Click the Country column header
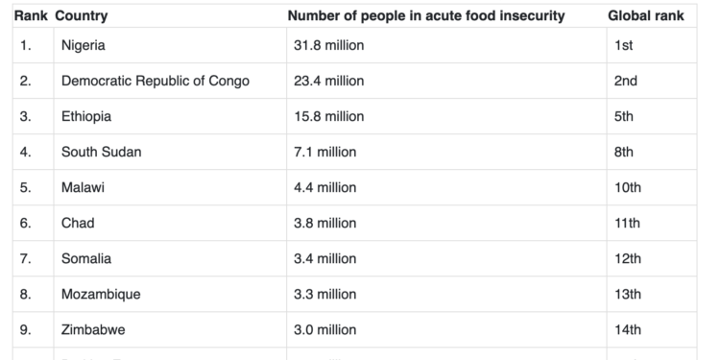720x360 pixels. click(82, 16)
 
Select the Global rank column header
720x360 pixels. click(645, 16)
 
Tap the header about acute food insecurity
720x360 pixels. click(426, 16)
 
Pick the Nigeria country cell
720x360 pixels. click(83, 45)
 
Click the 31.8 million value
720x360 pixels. click(329, 45)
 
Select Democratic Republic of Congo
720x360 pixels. click(155, 81)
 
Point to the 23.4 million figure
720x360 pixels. click(329, 81)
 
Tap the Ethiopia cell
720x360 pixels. click(86, 116)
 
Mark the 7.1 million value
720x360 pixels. click(325, 152)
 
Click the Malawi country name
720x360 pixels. click(83, 187)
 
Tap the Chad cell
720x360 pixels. click(78, 223)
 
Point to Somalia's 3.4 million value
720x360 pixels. click(325, 258)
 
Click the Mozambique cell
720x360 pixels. click(100, 294)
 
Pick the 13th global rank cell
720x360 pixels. click(627, 294)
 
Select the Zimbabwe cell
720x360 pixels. click(92, 329)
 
